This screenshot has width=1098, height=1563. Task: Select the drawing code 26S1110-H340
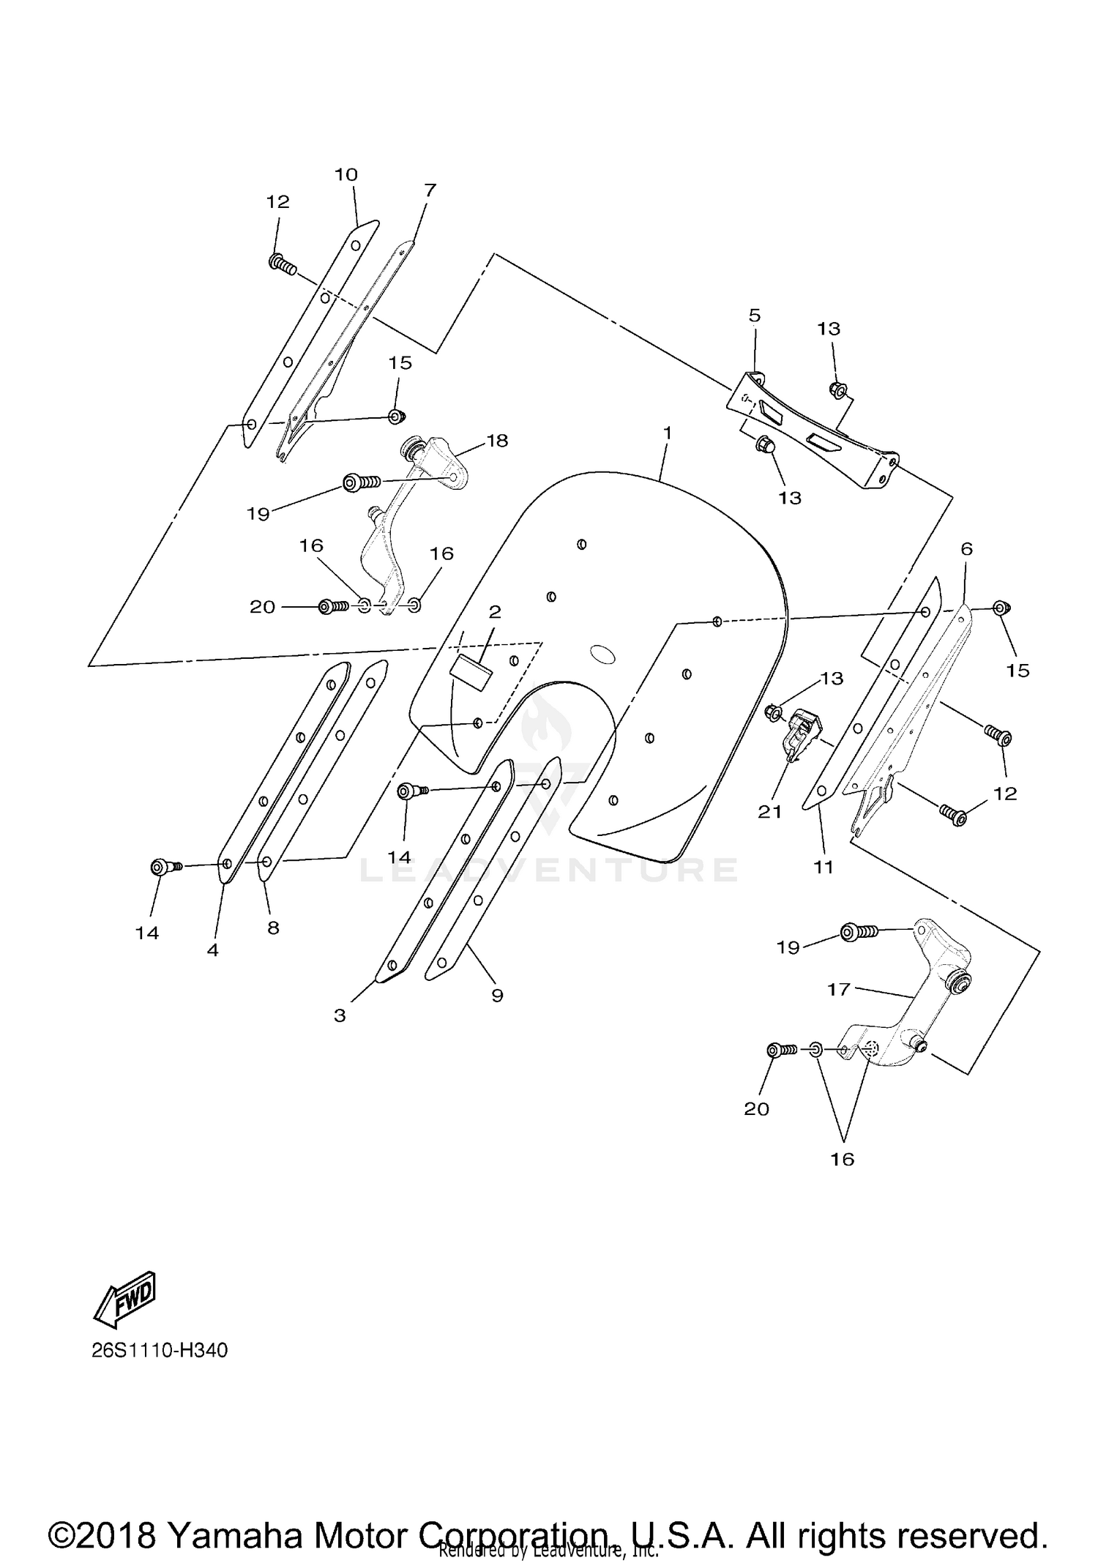point(160,1350)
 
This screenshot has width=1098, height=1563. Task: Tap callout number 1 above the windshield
point(667,433)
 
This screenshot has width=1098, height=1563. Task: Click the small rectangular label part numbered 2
point(473,671)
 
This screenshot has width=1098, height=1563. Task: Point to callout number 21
point(770,811)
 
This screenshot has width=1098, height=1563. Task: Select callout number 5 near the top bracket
point(755,316)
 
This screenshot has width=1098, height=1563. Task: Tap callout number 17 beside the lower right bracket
point(838,990)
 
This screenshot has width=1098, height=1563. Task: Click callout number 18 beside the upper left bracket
point(498,441)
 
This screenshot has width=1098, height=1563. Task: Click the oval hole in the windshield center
point(604,654)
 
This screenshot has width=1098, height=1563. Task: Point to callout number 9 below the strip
point(497,996)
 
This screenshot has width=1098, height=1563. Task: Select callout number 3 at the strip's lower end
point(340,1015)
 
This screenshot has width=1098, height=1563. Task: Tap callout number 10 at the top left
point(346,175)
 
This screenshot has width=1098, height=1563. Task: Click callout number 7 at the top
point(430,190)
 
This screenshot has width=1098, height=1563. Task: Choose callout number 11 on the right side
point(823,868)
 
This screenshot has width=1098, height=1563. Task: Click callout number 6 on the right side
point(966,549)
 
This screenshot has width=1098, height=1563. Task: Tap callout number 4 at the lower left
point(213,950)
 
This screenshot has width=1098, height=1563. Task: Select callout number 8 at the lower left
point(273,928)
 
